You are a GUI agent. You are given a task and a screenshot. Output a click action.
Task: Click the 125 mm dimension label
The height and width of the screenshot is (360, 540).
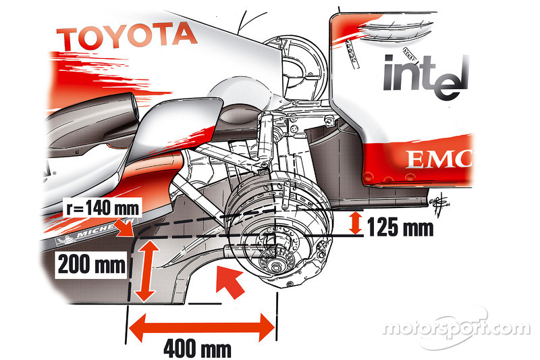pos(400,228)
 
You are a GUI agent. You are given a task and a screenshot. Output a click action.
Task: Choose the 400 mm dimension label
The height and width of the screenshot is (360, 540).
pos(197,349)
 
